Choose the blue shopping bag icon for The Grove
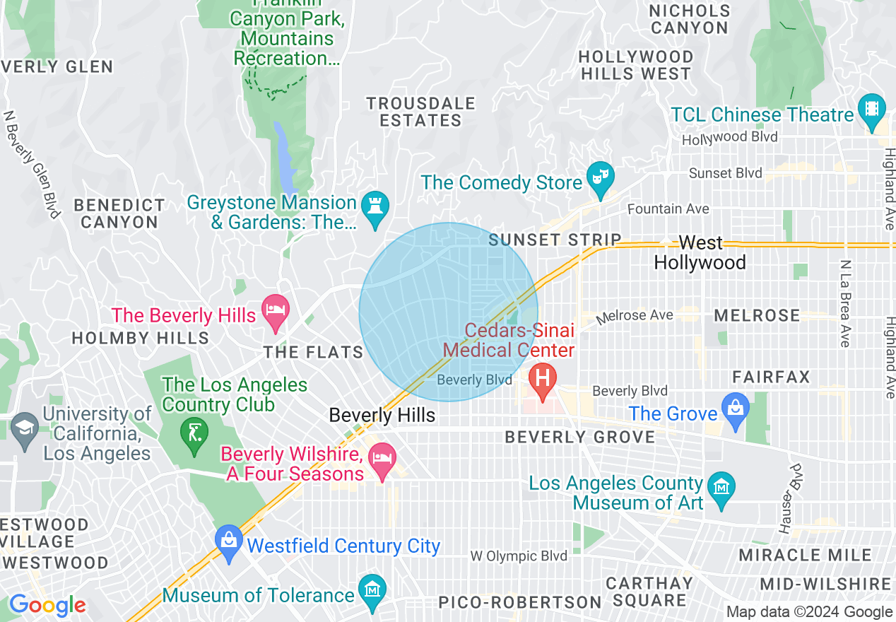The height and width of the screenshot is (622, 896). coord(736,409)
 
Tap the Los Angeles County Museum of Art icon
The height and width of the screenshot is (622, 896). coord(721,488)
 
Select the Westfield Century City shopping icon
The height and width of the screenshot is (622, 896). coord(229,541)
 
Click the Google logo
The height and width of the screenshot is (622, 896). coord(47,605)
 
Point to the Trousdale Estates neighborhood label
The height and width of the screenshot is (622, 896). coord(420,112)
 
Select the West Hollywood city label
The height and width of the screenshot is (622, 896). coord(700,252)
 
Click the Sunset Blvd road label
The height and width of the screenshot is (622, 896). coord(725,173)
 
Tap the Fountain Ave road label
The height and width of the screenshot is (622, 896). coord(668,209)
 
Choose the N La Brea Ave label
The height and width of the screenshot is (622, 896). coord(844,303)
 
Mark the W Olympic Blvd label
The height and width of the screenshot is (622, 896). coord(519,556)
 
